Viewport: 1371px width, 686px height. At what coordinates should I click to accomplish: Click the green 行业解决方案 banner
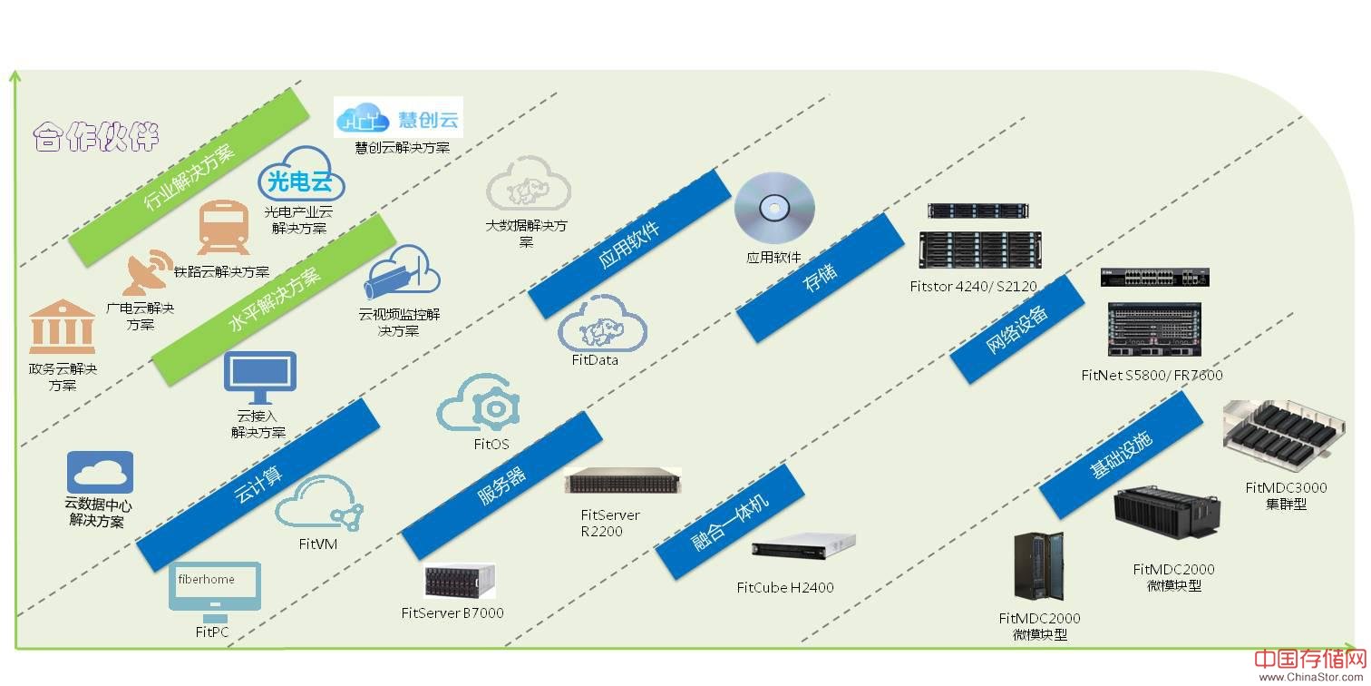190,171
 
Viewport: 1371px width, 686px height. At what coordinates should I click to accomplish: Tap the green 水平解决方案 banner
275,299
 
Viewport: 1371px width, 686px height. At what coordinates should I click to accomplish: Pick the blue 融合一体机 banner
731,522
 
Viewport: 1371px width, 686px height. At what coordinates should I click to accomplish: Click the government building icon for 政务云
62,328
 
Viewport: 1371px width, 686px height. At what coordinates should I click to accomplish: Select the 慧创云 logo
399,118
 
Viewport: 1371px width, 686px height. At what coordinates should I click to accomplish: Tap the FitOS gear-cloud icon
481,405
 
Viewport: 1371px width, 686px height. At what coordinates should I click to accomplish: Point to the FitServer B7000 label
452,612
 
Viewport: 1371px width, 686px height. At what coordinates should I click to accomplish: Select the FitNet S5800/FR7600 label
1152,375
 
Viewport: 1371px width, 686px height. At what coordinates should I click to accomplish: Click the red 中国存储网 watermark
1309,661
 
